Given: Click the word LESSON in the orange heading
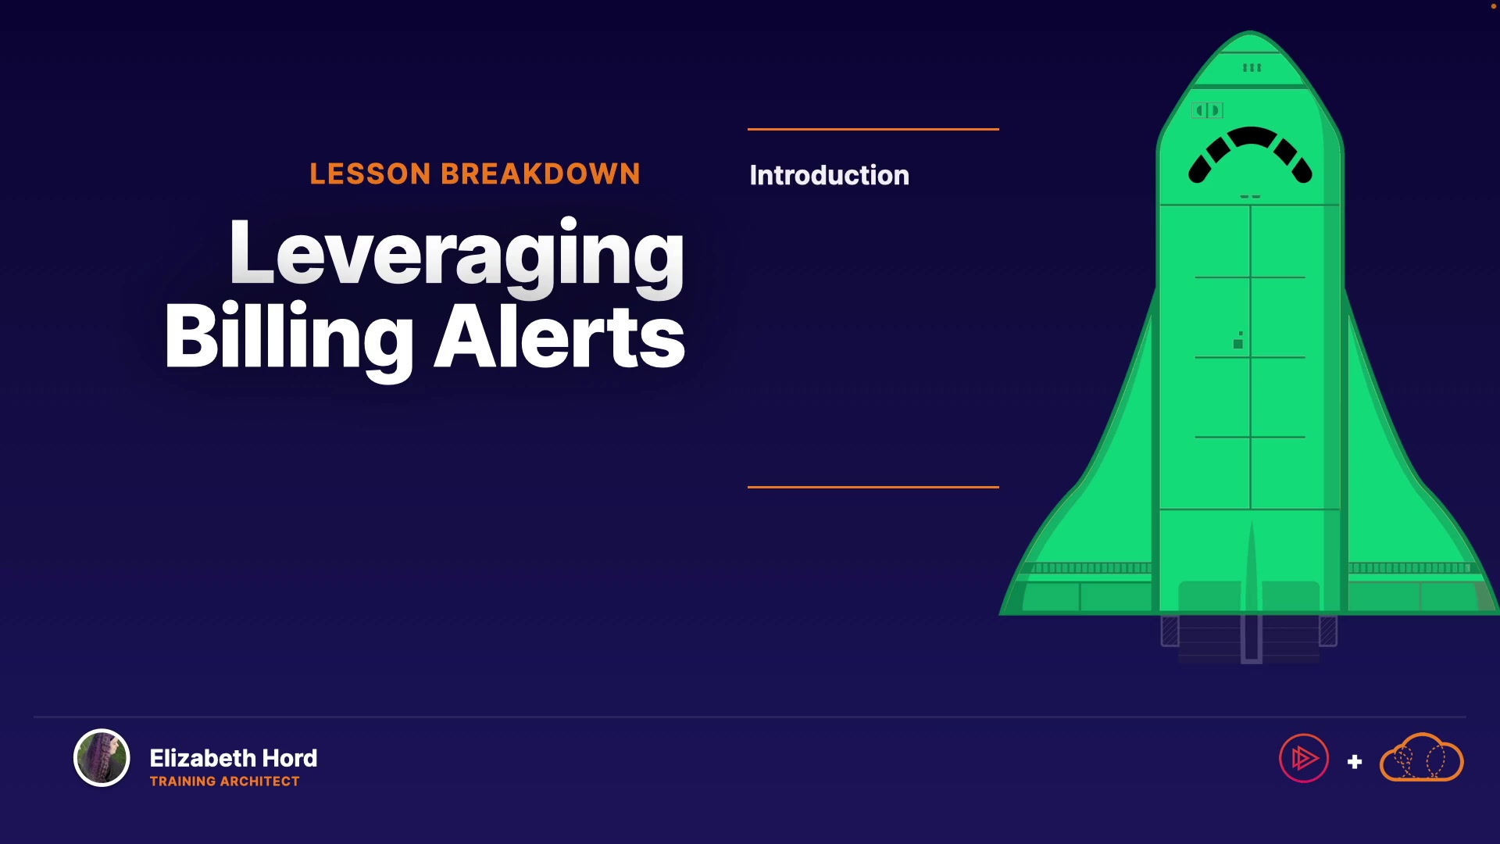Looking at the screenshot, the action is [x=370, y=173].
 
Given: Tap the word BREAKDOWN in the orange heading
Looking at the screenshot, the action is [x=541, y=173].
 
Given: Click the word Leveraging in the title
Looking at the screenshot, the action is [x=456, y=256].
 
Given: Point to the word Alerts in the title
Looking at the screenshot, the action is [x=559, y=336].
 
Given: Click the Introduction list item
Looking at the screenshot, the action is [x=829, y=175].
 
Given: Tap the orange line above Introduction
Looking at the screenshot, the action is [x=873, y=129].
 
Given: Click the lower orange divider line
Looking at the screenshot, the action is [x=873, y=487].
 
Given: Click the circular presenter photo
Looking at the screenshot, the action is [x=102, y=757].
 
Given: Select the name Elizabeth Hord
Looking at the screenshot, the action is [x=233, y=758].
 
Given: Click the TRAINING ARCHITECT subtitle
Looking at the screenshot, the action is [x=224, y=781].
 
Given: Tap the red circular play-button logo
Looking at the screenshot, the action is [x=1304, y=758].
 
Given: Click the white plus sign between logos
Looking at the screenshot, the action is [x=1355, y=762].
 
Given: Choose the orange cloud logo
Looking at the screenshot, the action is [x=1422, y=757].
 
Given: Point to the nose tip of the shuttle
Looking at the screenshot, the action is [x=1250, y=32].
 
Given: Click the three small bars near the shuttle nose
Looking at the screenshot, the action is [x=1252, y=68].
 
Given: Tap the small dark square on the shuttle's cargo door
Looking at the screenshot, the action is [x=1237, y=344].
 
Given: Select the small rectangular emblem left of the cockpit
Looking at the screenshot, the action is [x=1208, y=110].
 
